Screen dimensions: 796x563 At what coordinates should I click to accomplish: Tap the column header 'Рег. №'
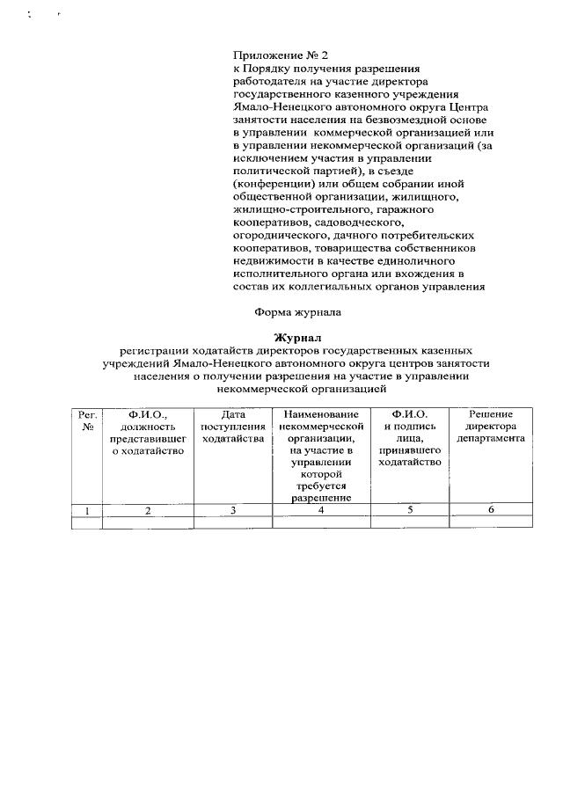[86, 420]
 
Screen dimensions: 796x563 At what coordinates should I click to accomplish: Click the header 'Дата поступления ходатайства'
[232, 426]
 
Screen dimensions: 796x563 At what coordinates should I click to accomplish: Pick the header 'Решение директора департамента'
[491, 426]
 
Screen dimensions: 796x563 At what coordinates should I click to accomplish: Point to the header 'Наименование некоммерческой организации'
[320, 426]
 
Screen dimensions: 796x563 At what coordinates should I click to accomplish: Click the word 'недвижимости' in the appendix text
[270, 261]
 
